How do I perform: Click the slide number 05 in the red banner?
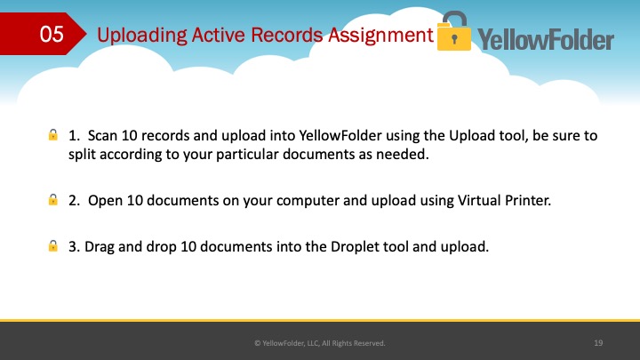(52, 34)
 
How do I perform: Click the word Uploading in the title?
(141, 36)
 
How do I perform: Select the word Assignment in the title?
(380, 36)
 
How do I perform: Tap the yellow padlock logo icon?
(454, 31)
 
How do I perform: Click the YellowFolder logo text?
(546, 39)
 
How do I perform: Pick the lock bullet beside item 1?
(53, 135)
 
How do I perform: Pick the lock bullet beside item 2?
(53, 200)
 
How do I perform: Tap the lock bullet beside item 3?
(53, 245)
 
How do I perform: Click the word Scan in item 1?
(102, 135)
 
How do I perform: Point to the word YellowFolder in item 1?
(340, 135)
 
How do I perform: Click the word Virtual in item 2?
(479, 200)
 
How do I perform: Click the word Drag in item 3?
(100, 247)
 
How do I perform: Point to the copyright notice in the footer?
(320, 343)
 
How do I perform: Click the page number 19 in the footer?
(598, 343)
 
